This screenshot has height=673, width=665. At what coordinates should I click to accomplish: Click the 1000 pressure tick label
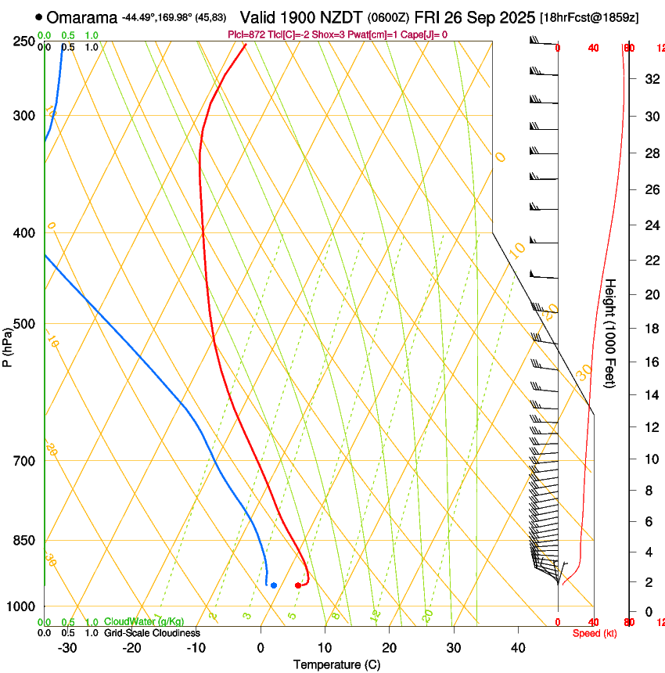[x=22, y=606]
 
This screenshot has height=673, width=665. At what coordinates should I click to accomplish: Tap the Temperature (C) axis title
[x=336, y=664]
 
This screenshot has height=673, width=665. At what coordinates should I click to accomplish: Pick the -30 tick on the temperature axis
[x=66, y=648]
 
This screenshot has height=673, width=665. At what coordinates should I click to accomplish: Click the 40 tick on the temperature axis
[x=518, y=648]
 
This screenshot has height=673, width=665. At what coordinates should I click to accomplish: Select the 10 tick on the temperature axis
[x=325, y=648]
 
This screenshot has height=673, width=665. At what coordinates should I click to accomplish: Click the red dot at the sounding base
[x=298, y=585]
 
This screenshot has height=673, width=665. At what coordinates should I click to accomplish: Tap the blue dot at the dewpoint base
[x=273, y=585]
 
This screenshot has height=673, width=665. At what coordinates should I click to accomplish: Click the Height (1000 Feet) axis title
[x=611, y=333]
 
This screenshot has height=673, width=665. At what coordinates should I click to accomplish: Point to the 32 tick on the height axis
[x=651, y=78]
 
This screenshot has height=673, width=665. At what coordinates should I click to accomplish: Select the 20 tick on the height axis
[x=651, y=294]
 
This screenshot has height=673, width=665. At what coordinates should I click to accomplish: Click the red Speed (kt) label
[x=595, y=633]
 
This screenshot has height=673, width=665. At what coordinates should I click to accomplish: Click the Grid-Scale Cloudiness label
[x=152, y=632]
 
